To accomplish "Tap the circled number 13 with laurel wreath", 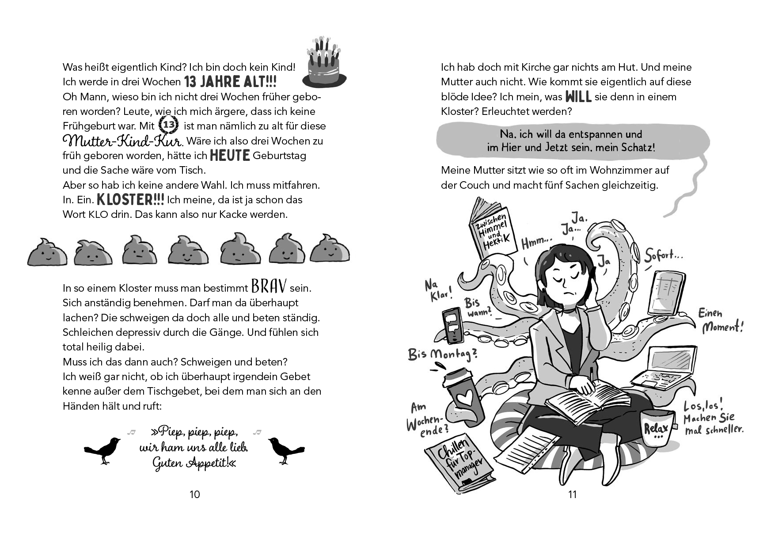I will (168, 125).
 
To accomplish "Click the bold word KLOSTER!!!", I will (130, 199).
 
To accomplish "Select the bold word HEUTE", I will (230, 156).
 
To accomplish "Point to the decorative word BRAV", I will (269, 286).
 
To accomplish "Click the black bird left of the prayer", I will (103, 450).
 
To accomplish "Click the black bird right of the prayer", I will (285, 450).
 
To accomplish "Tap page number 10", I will (195, 495).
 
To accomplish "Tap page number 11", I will (573, 495).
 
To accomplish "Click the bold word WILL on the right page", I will (578, 96).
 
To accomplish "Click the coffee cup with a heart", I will (463, 396).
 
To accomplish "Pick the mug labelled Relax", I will (657, 427).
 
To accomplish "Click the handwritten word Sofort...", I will (663, 256).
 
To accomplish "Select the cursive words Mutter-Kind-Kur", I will (122, 141).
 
